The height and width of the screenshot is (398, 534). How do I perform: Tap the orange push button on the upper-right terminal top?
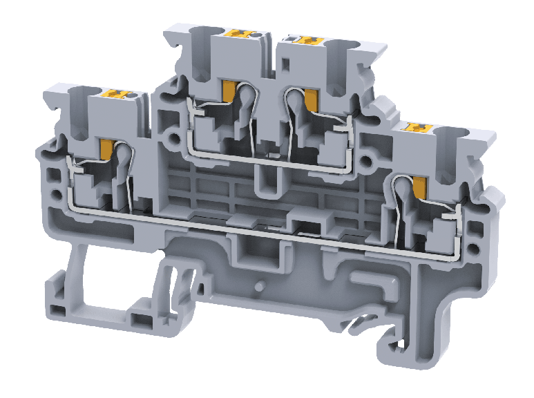(302, 40)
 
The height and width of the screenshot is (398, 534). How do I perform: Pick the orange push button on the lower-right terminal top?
(417, 127)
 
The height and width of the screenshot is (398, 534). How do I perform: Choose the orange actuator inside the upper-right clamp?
(310, 99)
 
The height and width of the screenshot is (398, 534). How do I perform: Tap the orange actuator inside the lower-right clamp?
(419, 186)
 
